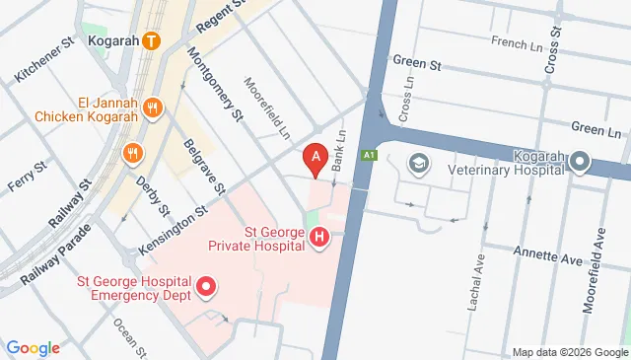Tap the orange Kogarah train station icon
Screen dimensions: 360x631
pos(151,41)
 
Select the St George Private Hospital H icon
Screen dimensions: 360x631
pos(318,238)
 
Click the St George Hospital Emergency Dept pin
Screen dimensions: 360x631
pos(206,287)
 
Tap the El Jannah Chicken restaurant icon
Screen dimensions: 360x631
pos(152,108)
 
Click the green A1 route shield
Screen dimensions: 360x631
pos(369,155)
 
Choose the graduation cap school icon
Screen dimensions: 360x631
pos(418,161)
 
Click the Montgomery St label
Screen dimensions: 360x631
pos(216,85)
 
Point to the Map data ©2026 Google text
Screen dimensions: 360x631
pos(569,352)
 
